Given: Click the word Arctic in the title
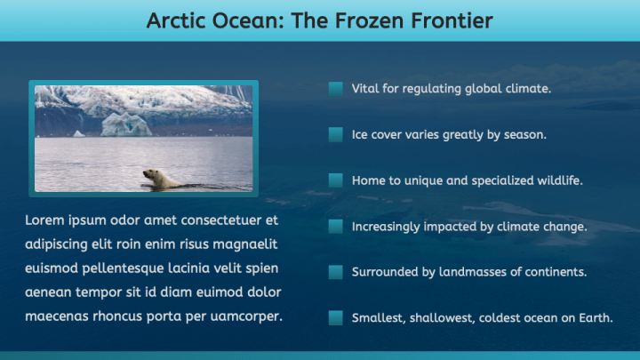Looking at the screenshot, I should click(x=177, y=20).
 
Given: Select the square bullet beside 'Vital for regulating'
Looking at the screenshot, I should click(x=336, y=89).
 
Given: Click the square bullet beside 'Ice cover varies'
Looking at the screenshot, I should click(x=336, y=135).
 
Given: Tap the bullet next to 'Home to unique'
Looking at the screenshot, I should click(x=336, y=180).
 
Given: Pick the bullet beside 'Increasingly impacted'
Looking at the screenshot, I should click(x=336, y=227).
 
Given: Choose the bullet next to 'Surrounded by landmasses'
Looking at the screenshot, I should click(x=336, y=272).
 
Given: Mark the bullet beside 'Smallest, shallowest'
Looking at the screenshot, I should click(x=336, y=317).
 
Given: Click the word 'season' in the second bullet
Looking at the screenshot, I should click(x=524, y=135).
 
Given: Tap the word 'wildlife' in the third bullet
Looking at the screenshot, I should click(x=556, y=180).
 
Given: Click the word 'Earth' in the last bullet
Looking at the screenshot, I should click(x=595, y=317).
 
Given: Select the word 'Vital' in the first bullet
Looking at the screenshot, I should click(x=365, y=89).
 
